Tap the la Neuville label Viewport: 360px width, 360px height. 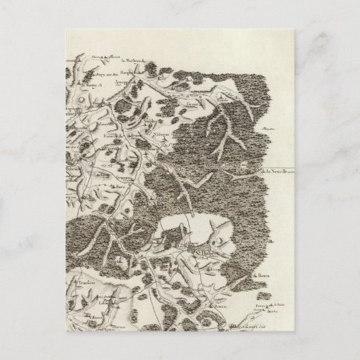tap(278, 172)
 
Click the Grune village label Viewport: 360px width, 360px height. tap(194, 106)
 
